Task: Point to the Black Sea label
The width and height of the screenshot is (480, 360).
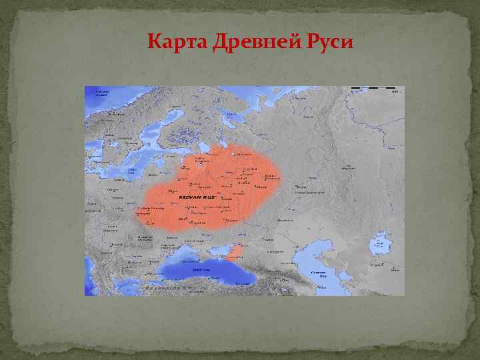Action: [202, 271]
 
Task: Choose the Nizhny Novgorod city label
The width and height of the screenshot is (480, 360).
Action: [270, 177]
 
